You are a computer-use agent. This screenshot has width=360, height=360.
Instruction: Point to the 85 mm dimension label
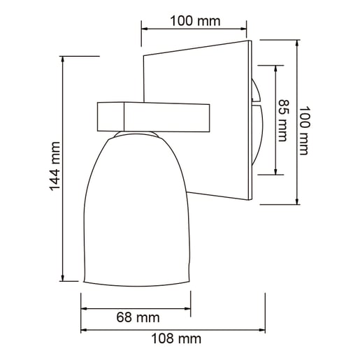[x=283, y=120]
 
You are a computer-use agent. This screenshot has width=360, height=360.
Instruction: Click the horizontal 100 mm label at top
[x=195, y=21]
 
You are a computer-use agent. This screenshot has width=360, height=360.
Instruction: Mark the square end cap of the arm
[x=110, y=117]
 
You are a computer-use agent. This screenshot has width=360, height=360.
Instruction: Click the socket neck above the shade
[x=138, y=133]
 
